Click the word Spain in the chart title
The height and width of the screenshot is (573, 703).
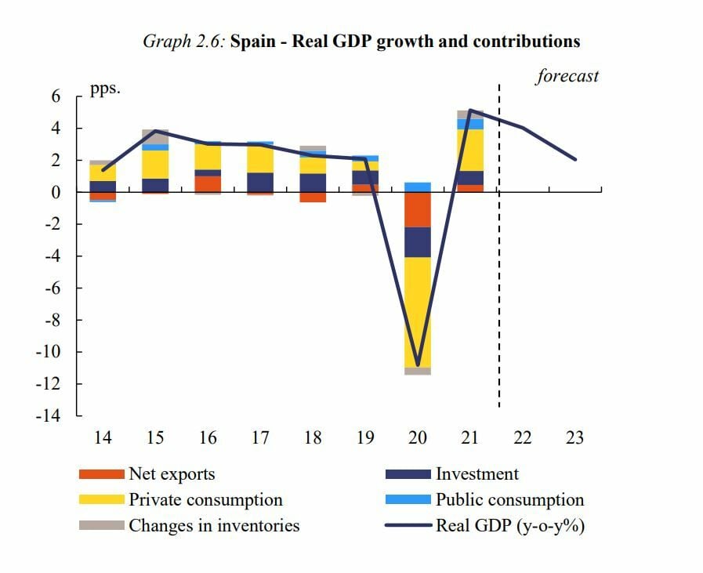click(x=253, y=41)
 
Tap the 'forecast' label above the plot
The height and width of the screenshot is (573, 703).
click(x=567, y=76)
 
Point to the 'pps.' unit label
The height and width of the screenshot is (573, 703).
click(x=105, y=89)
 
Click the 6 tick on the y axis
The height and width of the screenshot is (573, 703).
click(x=56, y=96)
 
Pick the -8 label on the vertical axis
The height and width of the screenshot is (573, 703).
click(x=51, y=320)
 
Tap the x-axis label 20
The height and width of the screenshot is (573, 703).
click(x=417, y=437)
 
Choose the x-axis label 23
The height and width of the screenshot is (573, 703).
click(x=574, y=437)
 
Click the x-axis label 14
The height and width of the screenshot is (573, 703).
click(x=103, y=437)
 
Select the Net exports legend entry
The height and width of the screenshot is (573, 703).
click(x=172, y=474)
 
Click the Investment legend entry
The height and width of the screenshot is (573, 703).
click(x=477, y=474)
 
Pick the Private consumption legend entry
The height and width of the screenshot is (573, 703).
click(x=205, y=500)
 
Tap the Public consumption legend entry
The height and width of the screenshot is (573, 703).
click(x=509, y=500)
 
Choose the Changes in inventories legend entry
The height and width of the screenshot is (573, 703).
click(x=214, y=525)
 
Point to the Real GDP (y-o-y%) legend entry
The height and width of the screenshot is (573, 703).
click(x=510, y=525)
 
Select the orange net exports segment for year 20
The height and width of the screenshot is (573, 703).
click(x=418, y=209)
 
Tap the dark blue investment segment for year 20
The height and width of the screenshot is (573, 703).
click(x=418, y=242)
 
